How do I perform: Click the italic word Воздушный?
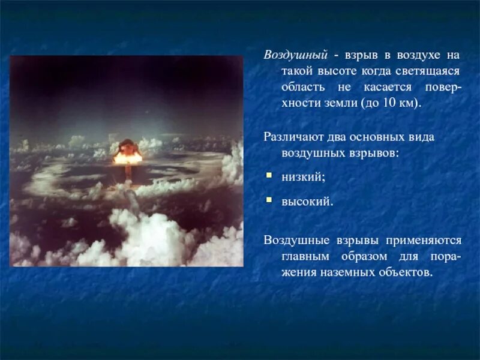click(296, 55)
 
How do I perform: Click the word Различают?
click(291, 137)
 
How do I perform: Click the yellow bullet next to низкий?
click(269, 176)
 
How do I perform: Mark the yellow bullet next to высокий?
click(269, 200)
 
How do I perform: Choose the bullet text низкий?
click(303, 178)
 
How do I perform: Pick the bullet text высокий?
click(307, 202)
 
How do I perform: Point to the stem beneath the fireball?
click(128, 172)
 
